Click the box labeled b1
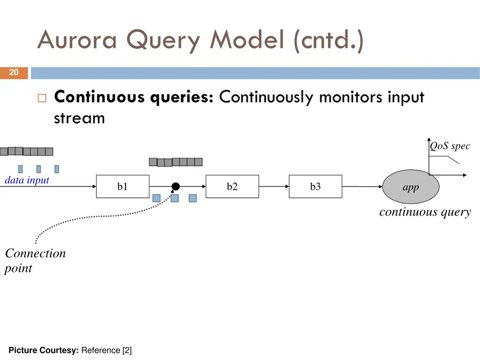(123, 187)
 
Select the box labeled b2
(232, 187)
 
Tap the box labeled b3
(315, 187)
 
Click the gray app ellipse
(411, 187)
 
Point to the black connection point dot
(175, 187)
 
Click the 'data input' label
(27, 180)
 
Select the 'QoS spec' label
(450, 146)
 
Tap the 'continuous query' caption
(425, 212)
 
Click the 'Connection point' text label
(35, 261)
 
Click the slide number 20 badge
(14, 73)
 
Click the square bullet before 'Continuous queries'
(41, 98)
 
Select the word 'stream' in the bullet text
(79, 118)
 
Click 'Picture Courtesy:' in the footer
(44, 350)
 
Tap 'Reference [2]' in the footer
(107, 350)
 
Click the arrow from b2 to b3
(274, 187)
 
